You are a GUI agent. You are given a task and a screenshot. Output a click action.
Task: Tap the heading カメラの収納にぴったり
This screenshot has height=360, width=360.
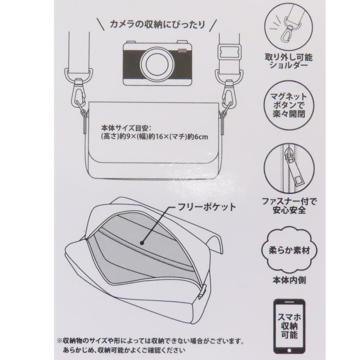157,24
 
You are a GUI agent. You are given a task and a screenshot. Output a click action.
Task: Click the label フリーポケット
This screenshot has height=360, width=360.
207,207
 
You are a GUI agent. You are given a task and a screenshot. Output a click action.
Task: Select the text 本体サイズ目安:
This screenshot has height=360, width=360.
126,127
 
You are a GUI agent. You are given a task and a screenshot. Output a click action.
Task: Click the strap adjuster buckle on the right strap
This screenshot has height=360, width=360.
229,53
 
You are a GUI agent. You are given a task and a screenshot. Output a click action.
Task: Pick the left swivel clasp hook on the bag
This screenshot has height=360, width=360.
79,92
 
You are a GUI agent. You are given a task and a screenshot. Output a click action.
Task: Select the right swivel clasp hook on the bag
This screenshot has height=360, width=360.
230,92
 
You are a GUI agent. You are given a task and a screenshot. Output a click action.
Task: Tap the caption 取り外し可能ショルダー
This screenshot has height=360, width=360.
289,61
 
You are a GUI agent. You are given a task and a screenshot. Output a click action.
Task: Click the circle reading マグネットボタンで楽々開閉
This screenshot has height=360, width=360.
288,105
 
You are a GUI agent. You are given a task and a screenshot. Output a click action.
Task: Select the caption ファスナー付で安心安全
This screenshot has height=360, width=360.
289,206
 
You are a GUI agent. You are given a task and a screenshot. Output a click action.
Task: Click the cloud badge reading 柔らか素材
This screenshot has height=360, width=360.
289,250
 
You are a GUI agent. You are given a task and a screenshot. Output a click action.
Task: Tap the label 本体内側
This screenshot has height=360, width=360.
289,280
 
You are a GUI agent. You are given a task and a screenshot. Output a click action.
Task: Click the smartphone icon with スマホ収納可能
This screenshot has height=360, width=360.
289,326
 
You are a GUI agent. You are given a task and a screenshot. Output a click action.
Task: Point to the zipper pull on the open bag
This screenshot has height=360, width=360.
202,292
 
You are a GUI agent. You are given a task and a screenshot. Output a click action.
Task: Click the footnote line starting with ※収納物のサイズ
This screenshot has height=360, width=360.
150,341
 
